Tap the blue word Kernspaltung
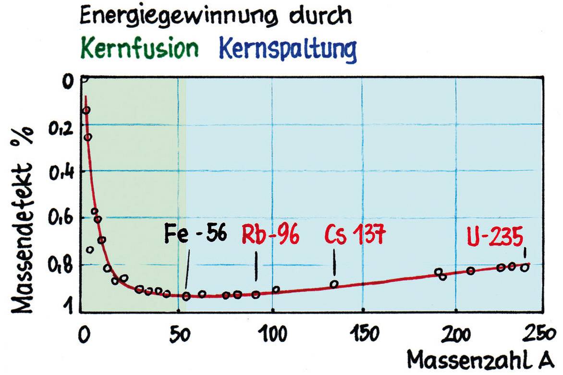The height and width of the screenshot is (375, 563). tap(288, 49)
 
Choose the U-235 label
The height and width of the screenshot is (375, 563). tap(495, 235)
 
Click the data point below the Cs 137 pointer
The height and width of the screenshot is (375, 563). tap(334, 284)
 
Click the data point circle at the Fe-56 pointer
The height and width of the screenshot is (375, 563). tap(186, 296)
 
